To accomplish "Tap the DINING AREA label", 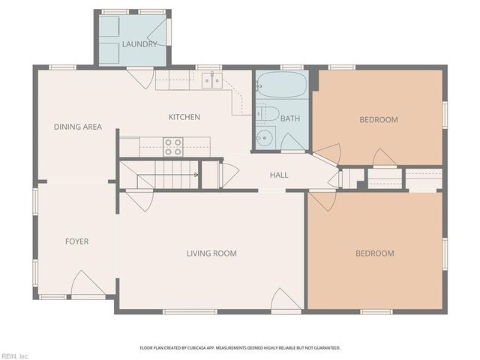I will pos(78,127).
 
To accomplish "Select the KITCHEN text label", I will pos(184,117).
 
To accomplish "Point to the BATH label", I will pos(291,118).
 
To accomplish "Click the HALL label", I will pos(279,175).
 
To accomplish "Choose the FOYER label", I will pos(76,241).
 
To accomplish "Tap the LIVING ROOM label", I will pos(211,253).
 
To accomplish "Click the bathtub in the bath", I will pos(282,85).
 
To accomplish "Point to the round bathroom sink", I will pos(264,137).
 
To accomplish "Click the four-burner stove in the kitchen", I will pos(173,146).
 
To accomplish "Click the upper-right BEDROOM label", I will pos(378,119).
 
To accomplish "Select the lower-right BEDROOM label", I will pos(374,253).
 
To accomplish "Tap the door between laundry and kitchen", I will pos(140,77).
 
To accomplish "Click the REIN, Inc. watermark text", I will pos(14,355).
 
